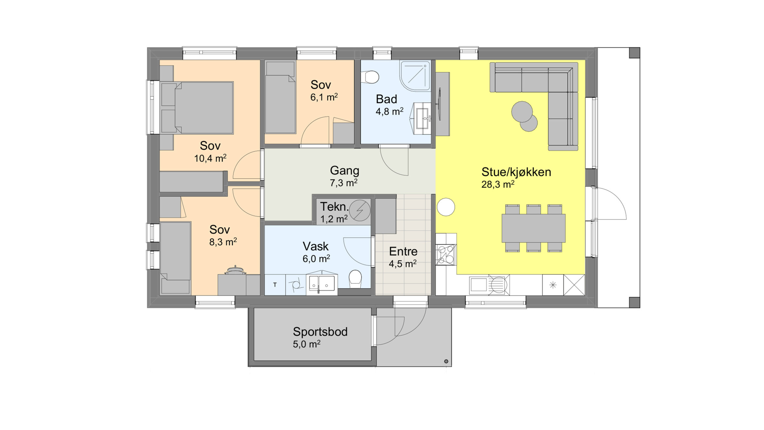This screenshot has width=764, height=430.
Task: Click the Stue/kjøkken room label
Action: [516, 172]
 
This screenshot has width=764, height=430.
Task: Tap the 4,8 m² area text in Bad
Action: [389, 112]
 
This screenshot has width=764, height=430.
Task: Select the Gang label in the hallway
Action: [344, 171]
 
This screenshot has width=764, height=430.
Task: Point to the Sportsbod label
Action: [320, 332]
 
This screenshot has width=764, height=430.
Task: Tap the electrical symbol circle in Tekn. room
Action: [360, 210]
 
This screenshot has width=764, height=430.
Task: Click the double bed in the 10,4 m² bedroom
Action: [197, 107]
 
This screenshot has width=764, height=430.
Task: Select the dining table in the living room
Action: [534, 228]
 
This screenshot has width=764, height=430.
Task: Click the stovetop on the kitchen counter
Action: [446, 255]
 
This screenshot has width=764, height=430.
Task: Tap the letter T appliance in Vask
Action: [275, 285]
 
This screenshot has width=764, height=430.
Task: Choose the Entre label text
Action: [403, 251]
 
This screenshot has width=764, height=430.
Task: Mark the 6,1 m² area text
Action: [324, 97]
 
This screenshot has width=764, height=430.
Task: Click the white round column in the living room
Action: [446, 207]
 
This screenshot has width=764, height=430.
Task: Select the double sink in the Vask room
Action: [322, 283]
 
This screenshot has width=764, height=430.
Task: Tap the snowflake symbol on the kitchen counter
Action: [553, 285]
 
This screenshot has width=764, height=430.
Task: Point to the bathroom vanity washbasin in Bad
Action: [422, 119]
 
